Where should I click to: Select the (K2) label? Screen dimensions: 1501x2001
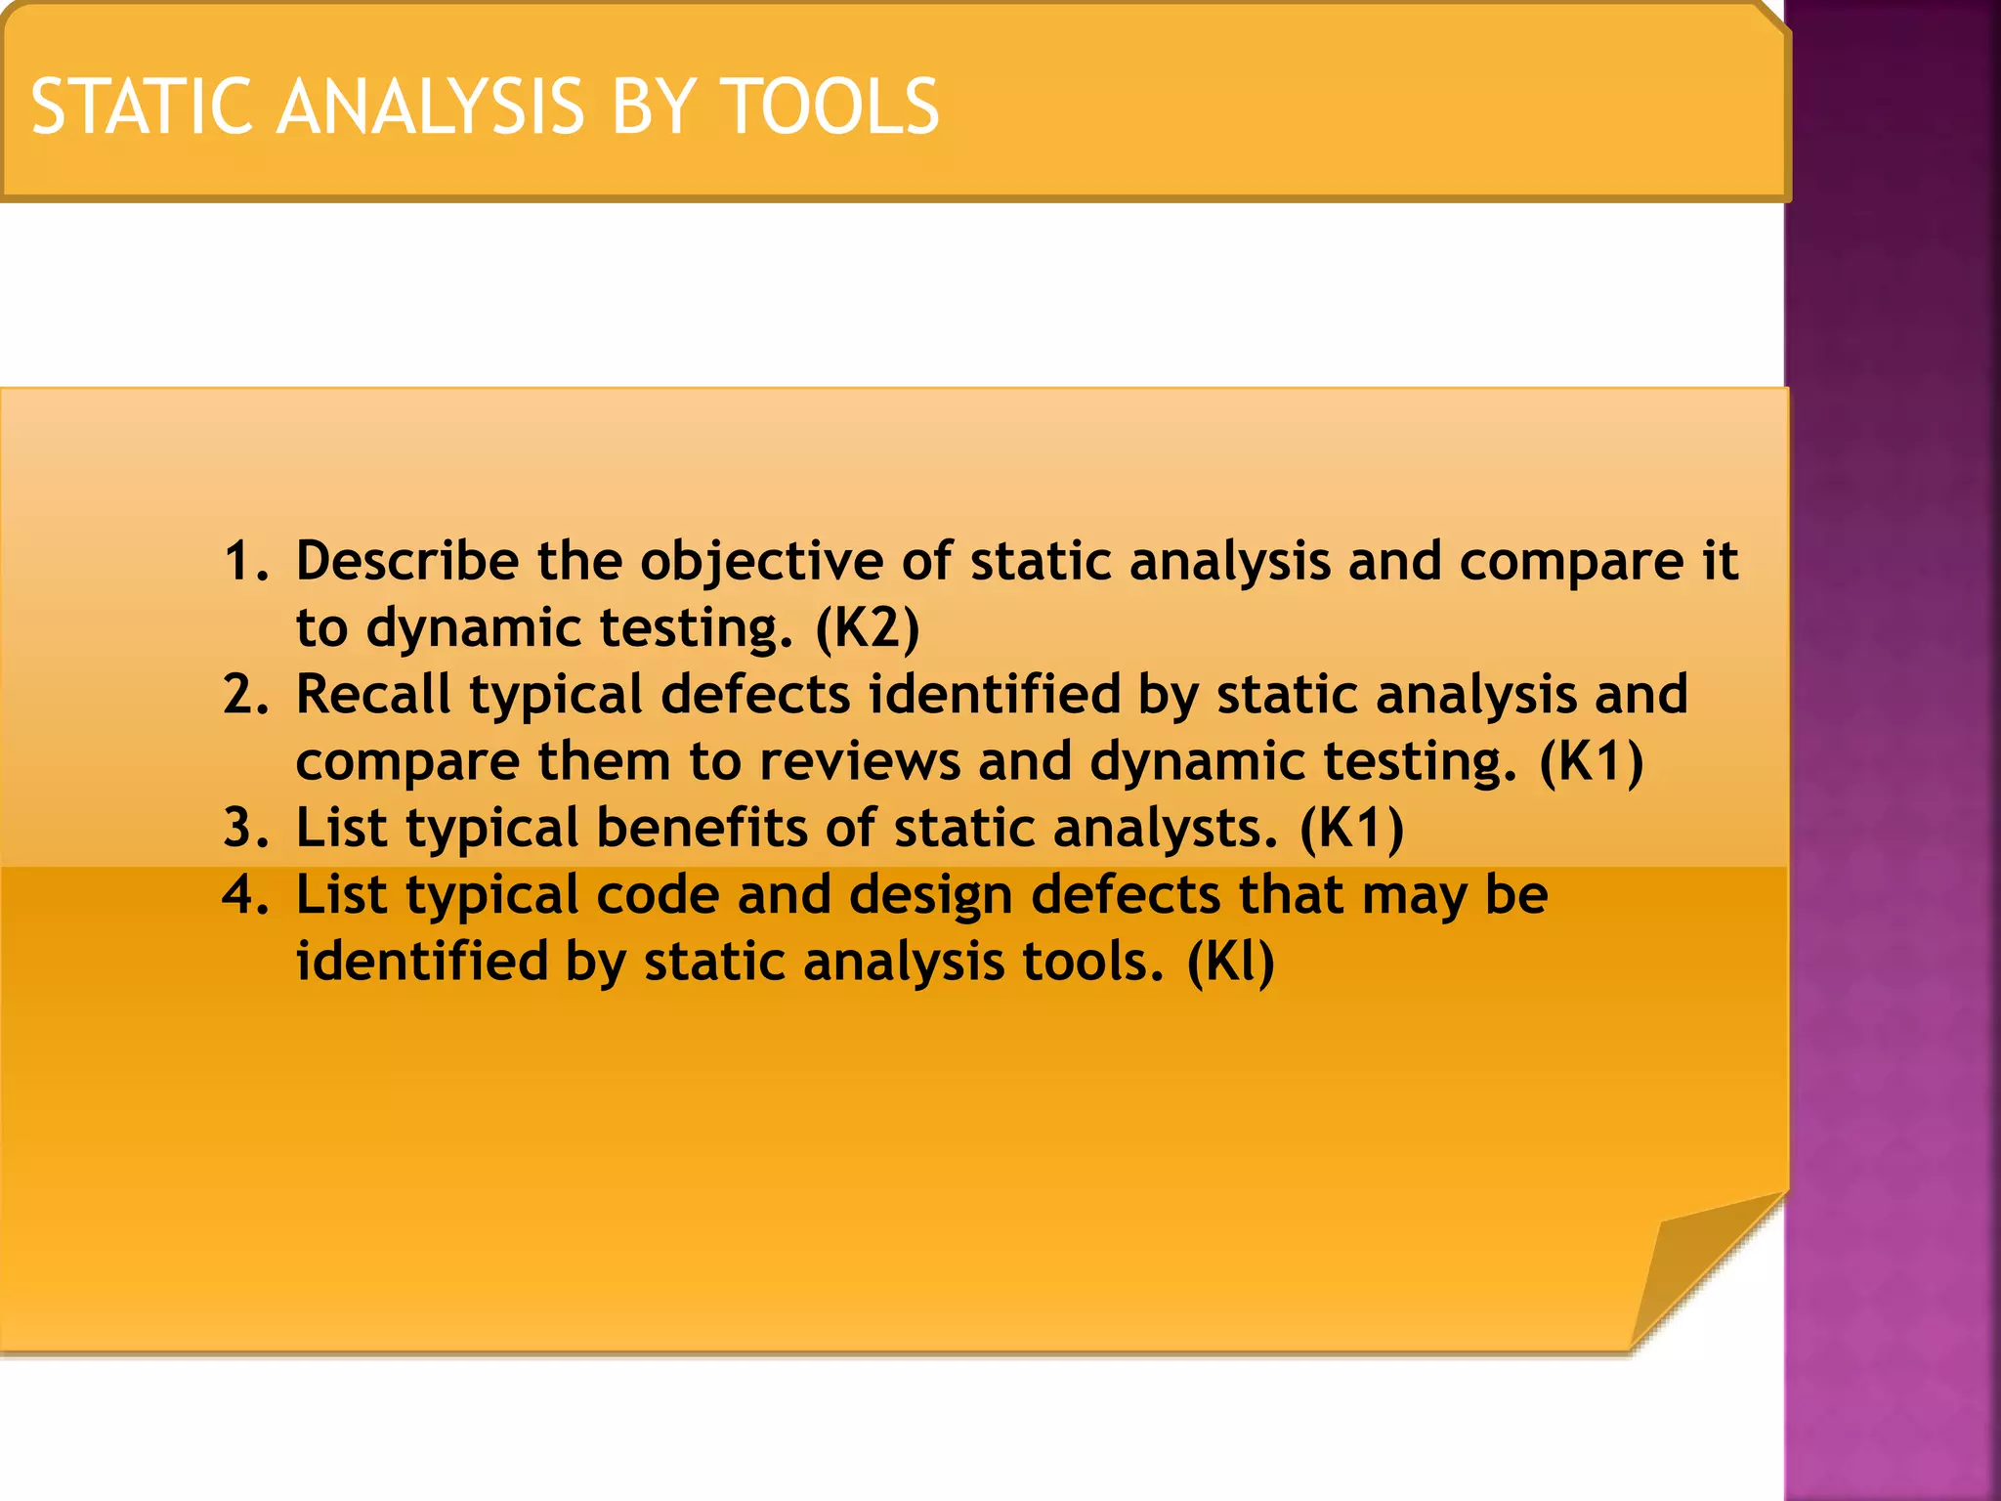868,628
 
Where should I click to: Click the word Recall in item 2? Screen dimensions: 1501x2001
373,695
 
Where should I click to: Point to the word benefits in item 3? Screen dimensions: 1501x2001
702,828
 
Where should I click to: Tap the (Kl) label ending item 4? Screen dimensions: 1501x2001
1230,963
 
